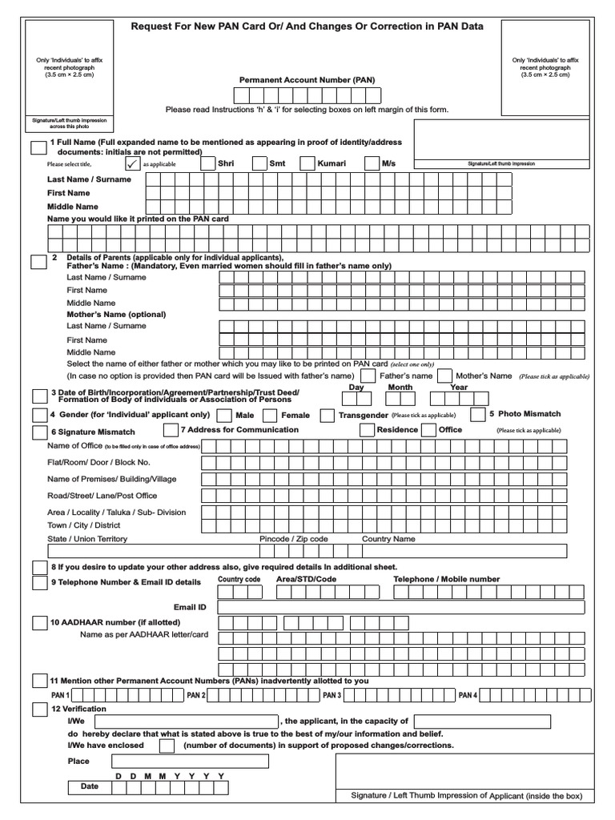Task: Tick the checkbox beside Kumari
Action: pyautogui.click(x=307, y=163)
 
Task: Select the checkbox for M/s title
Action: pyautogui.click(x=371, y=163)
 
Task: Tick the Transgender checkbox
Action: pyautogui.click(x=327, y=416)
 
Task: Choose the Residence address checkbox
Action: pyautogui.click(x=367, y=430)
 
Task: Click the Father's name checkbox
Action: pyautogui.click(x=368, y=376)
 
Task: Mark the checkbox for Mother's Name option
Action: pyautogui.click(x=444, y=376)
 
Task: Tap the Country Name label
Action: pyautogui.click(x=388, y=539)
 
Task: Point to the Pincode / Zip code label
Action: pyautogui.click(x=294, y=539)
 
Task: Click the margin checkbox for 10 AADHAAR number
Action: pyautogui.click(x=39, y=623)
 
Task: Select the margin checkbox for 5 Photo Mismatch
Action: pyautogui.click(x=477, y=415)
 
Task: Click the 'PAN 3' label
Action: pyautogui.click(x=332, y=695)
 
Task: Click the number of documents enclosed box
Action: pyautogui.click(x=167, y=746)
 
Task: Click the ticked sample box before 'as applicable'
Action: pyautogui.click(x=132, y=163)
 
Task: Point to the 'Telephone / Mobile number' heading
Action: pyautogui.click(x=446, y=579)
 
